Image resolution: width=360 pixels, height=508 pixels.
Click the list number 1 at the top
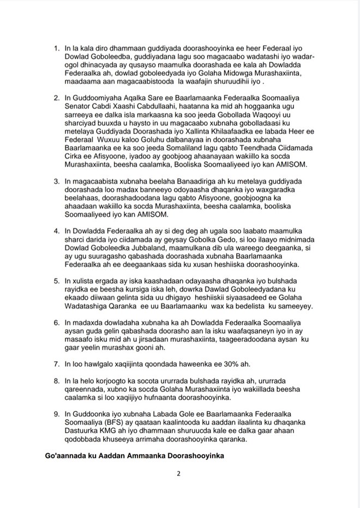pyautogui.click(x=56, y=49)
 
